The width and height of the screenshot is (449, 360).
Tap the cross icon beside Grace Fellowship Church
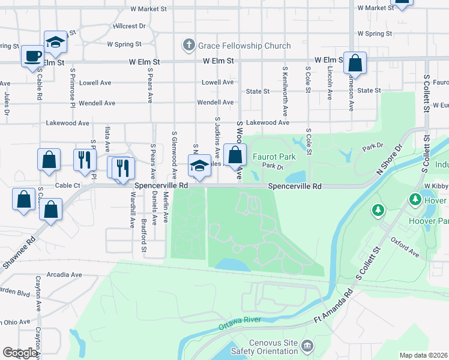coord(189,45)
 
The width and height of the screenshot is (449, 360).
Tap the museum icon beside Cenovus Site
coord(307,346)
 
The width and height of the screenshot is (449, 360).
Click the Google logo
coord(20,353)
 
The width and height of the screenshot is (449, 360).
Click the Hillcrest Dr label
coord(128,26)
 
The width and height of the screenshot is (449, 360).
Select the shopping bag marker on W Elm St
coord(355,62)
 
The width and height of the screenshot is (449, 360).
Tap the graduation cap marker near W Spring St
coord(55,41)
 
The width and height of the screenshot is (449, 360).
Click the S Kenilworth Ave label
coord(285,91)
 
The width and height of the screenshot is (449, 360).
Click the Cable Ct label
coord(67,186)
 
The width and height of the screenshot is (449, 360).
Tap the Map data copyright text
coord(424,355)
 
